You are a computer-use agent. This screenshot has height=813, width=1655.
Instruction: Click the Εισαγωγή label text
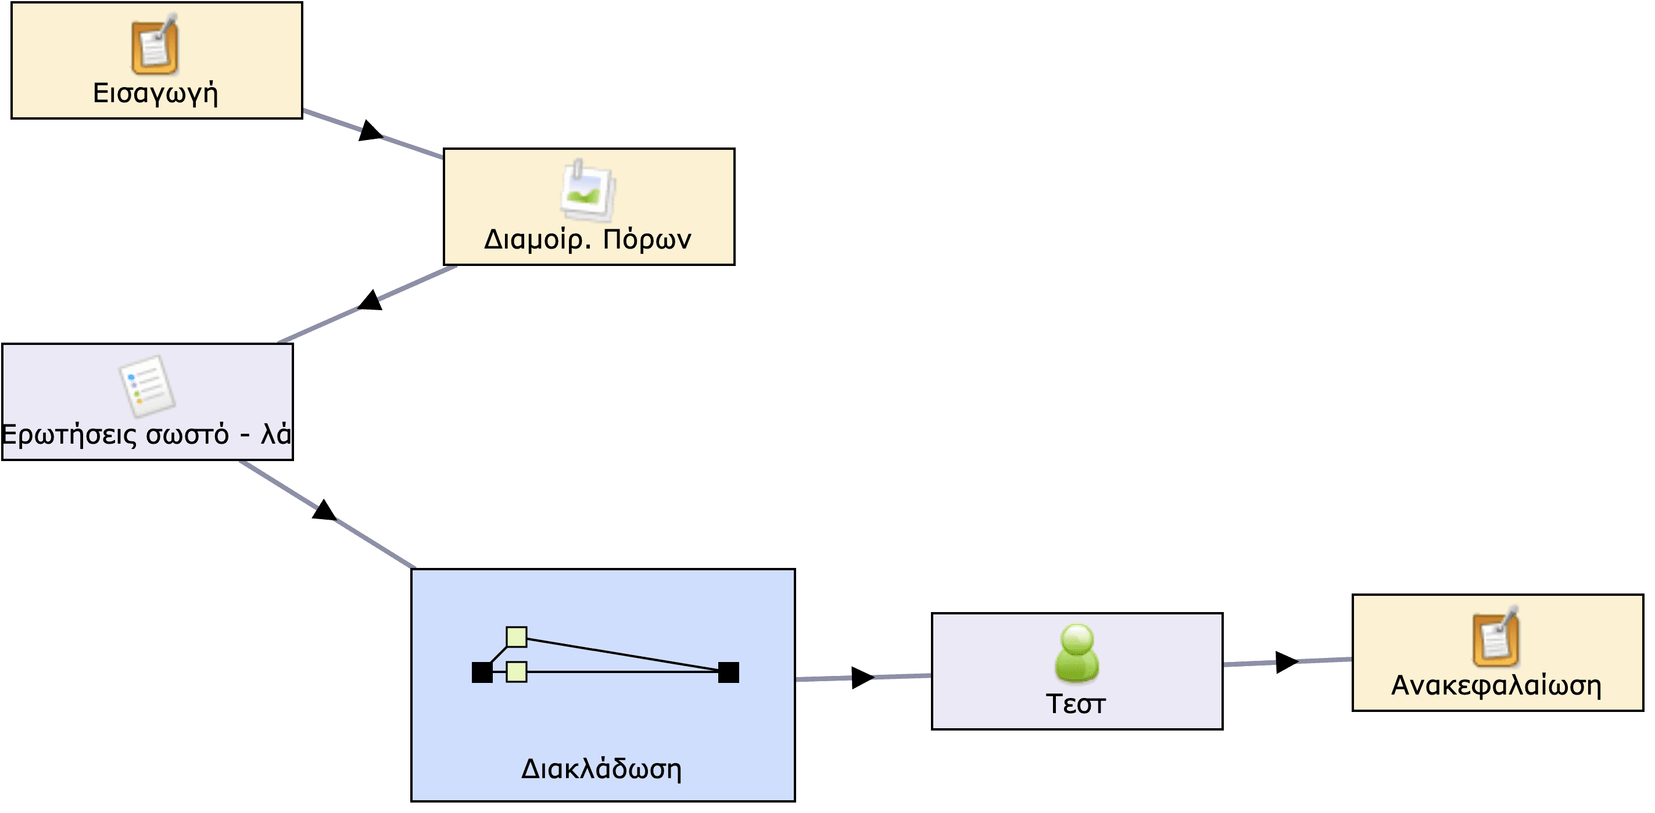[x=156, y=93]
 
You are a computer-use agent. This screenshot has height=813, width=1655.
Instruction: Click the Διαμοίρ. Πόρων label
[x=588, y=239]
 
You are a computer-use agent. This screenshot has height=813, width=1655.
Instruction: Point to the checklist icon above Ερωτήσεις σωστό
[x=147, y=386]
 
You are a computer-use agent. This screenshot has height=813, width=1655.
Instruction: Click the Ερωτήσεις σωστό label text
[x=146, y=435]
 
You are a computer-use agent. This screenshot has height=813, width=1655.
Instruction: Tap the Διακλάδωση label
[x=601, y=769]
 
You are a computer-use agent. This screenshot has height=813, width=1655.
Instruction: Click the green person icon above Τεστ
[x=1077, y=653]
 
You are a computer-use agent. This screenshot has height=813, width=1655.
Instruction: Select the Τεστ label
[x=1076, y=704]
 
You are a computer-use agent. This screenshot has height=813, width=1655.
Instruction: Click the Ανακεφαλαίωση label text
[x=1496, y=686]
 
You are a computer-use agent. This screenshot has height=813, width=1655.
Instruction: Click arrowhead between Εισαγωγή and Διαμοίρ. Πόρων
[x=370, y=131]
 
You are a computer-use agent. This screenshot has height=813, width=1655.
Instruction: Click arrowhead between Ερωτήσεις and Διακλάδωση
[x=324, y=510]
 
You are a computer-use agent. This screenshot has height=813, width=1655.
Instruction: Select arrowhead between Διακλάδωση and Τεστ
[x=862, y=678]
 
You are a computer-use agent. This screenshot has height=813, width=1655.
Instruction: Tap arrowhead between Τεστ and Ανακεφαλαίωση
[x=1286, y=662]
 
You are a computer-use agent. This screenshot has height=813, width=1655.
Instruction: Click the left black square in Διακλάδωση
[x=482, y=672]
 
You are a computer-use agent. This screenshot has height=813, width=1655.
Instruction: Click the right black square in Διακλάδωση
[x=729, y=672]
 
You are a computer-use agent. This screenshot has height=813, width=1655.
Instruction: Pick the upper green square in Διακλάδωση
[x=517, y=637]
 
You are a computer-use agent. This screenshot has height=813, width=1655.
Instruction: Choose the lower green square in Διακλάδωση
[x=517, y=672]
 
